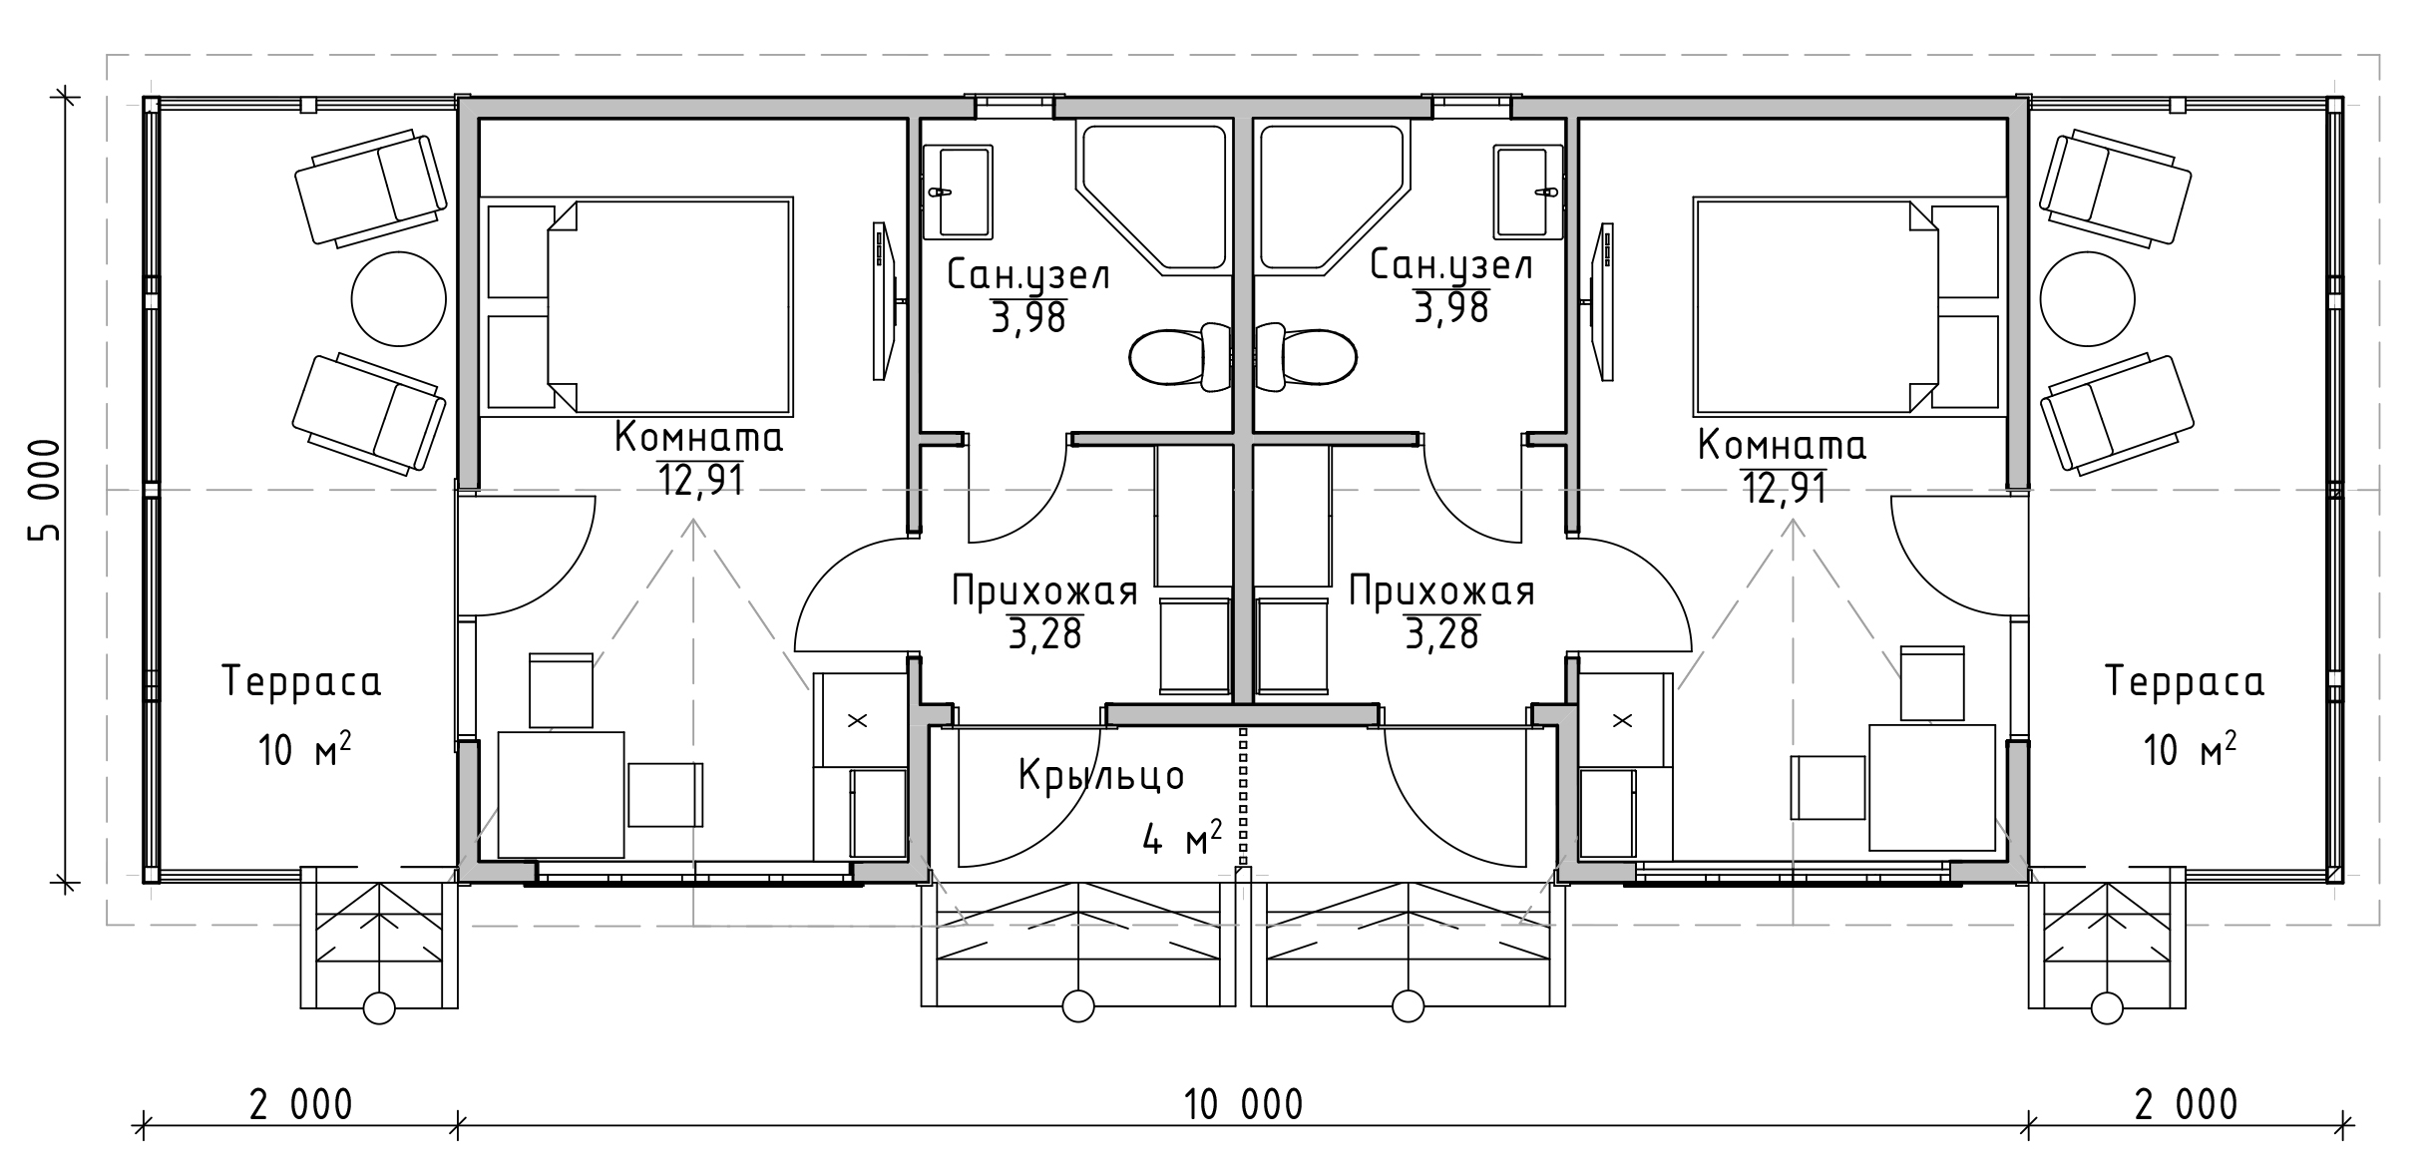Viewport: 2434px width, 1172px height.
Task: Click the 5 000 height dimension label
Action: pyautogui.click(x=45, y=491)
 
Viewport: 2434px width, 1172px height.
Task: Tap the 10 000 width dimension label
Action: pyautogui.click(x=1243, y=1105)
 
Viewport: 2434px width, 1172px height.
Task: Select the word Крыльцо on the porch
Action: pyautogui.click(x=1101, y=775)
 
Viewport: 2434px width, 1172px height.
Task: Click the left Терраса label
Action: pyautogui.click(x=301, y=682)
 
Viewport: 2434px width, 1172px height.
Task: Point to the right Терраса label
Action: pyautogui.click(x=2185, y=682)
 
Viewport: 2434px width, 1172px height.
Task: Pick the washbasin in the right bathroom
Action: pyautogui.click(x=1528, y=192)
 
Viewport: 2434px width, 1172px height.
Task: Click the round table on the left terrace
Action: pyautogui.click(x=399, y=298)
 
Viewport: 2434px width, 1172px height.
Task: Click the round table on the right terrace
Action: pyautogui.click(x=2088, y=298)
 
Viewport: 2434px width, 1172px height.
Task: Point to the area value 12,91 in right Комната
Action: pyautogui.click(x=1785, y=489)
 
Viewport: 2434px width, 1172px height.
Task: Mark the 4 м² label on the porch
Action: pyautogui.click(x=1183, y=838)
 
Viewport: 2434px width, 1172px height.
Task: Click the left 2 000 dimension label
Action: pyautogui.click(x=300, y=1105)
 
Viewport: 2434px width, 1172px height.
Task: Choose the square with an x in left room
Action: pyautogui.click(x=857, y=720)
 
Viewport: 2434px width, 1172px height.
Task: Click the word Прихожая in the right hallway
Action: pyautogui.click(x=1441, y=591)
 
